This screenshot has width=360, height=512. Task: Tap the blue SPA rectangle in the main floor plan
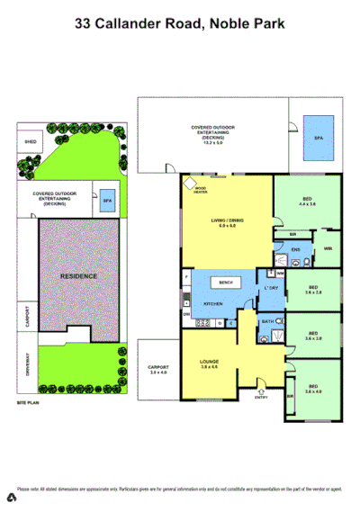(318, 138)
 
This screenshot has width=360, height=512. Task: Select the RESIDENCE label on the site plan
(77, 276)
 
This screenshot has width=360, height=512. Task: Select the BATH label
(267, 320)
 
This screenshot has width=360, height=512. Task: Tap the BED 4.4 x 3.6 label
(308, 202)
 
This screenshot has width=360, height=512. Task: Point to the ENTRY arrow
(260, 394)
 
